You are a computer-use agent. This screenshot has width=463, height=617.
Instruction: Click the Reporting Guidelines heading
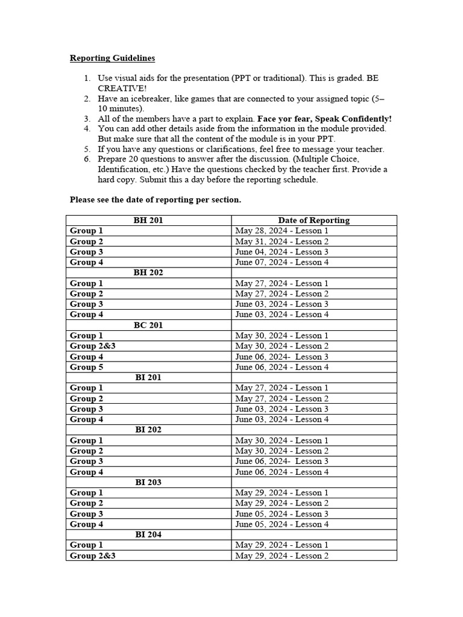click(x=112, y=58)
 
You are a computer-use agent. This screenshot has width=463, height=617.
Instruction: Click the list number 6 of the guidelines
click(x=87, y=159)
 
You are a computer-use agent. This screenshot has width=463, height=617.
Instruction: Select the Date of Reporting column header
click(x=313, y=221)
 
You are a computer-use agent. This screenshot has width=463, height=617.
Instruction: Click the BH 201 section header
click(x=148, y=221)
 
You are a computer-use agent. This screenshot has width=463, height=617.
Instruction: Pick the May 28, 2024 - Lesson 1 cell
click(x=282, y=231)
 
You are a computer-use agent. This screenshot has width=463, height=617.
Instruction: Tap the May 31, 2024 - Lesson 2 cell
click(x=282, y=242)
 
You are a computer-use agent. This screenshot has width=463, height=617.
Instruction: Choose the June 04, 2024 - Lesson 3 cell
click(x=282, y=252)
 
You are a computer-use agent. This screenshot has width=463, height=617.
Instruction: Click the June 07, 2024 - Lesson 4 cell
click(x=282, y=262)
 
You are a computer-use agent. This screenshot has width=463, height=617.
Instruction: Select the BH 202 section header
click(x=148, y=272)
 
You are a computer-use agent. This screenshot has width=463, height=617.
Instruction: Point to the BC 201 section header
click(x=148, y=325)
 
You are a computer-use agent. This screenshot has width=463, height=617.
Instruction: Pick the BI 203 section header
click(x=148, y=482)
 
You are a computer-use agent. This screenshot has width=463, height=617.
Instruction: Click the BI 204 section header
click(x=148, y=534)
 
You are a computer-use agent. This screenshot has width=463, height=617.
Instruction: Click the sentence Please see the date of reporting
click(x=156, y=199)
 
